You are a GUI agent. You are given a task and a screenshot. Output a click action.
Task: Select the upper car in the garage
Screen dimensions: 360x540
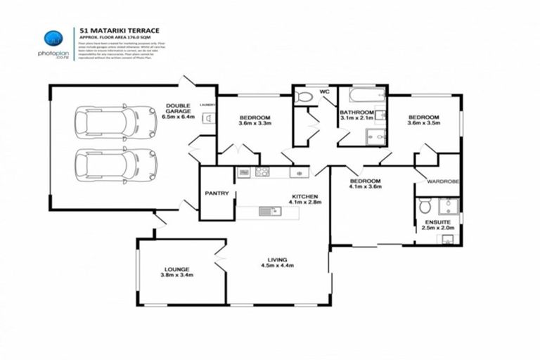(115, 122)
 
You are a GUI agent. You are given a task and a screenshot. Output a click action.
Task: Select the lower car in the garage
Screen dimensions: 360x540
(115, 165)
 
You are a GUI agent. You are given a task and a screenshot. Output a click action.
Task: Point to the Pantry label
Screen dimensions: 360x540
(217, 193)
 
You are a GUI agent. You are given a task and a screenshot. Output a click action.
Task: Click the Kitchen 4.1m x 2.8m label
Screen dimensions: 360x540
(304, 200)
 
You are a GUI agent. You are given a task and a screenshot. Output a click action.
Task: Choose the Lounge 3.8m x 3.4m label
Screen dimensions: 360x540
(177, 271)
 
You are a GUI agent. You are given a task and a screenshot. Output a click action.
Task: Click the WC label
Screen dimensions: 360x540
(324, 92)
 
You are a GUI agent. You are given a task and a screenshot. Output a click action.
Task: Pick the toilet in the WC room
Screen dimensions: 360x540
(304, 96)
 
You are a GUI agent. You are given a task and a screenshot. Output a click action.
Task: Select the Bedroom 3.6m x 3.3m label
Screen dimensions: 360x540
(255, 120)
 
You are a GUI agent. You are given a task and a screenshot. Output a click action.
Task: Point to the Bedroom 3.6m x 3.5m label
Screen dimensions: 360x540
(423, 120)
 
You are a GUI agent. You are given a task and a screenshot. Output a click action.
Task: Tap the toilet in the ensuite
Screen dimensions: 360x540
(425, 206)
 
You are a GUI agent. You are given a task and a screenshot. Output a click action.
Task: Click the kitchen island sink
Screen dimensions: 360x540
(266, 210)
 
